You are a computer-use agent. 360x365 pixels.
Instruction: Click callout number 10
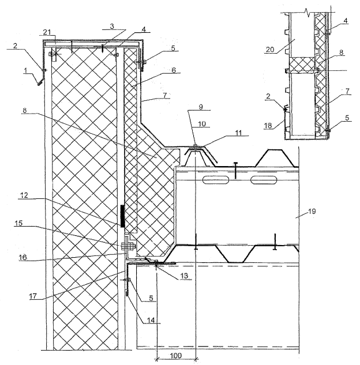tap(201, 123)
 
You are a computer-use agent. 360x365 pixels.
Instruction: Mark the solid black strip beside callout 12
tap(122, 216)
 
